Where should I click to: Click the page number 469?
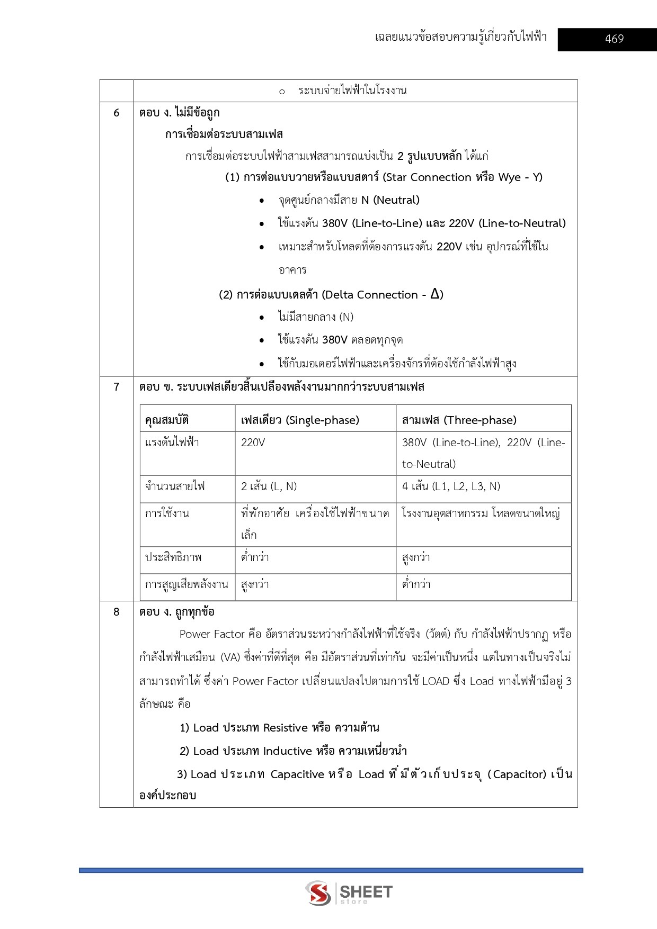point(614,39)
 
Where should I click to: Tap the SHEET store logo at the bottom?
point(349,892)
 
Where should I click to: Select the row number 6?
point(117,113)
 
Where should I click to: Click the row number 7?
point(117,387)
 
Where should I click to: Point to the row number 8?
point(117,612)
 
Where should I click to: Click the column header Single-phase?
point(300,420)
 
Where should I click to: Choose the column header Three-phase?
point(459,420)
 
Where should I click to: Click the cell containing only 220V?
point(253,443)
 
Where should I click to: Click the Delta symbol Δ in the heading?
point(436,294)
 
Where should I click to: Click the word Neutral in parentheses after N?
point(396,200)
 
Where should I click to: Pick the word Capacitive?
point(297,774)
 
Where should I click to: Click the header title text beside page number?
point(460,37)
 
